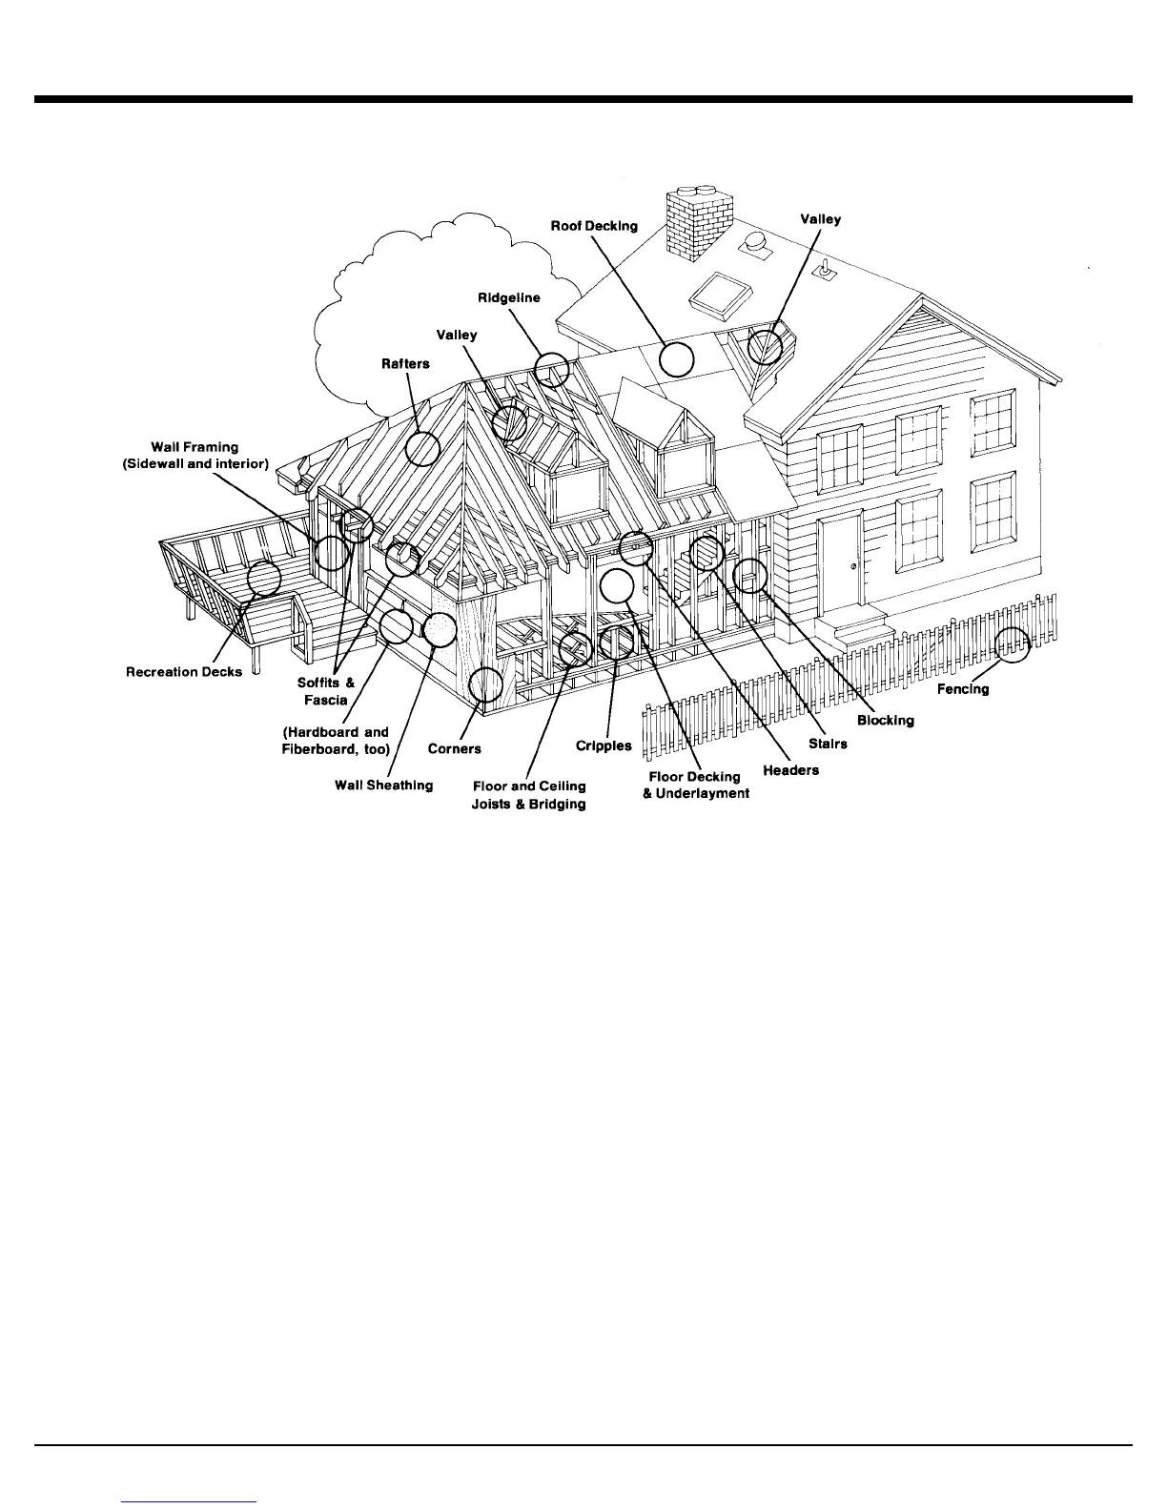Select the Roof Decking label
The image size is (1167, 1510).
coord(594,226)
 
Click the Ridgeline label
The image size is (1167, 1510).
coord(508,298)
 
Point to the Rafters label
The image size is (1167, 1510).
coord(405,363)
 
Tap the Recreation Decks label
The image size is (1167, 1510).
coord(184,672)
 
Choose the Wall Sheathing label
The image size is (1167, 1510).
coord(383,786)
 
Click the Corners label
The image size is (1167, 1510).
coord(454,748)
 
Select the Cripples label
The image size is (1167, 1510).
coord(604,745)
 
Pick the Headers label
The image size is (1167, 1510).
coord(790,770)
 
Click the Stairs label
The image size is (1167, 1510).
coord(828,744)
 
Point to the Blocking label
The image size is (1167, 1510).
coord(885,720)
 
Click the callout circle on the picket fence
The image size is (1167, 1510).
coord(1013,644)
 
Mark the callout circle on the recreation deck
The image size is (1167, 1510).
coord(264,579)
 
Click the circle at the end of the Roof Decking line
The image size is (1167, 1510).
coord(676,359)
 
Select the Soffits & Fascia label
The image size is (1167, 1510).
coord(325,691)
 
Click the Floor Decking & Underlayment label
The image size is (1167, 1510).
coord(696,785)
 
